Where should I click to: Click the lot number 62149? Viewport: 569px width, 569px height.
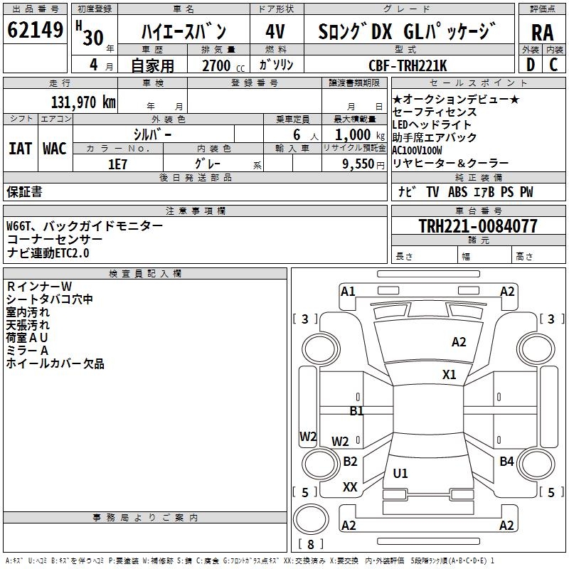(x=35, y=31)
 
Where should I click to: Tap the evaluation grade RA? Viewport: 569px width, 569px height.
(x=542, y=32)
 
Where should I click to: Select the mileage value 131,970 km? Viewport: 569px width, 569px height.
(x=83, y=102)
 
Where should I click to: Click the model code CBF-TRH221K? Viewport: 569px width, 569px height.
(x=408, y=65)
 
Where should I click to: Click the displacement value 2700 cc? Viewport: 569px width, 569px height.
(x=217, y=66)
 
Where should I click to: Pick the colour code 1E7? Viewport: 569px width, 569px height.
(x=117, y=163)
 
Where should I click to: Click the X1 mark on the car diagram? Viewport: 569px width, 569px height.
(x=449, y=375)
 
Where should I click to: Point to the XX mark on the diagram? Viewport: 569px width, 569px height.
(x=350, y=487)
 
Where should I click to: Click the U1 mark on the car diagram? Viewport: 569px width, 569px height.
(x=400, y=473)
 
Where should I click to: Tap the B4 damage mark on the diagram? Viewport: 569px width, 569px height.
(x=506, y=462)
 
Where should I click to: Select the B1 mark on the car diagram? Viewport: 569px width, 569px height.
(x=356, y=410)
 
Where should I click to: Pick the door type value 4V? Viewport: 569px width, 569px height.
(x=275, y=32)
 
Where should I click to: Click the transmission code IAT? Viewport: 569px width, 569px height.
(x=20, y=148)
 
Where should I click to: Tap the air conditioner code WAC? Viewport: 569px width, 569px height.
(x=55, y=148)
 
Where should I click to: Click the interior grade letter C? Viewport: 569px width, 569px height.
(x=553, y=65)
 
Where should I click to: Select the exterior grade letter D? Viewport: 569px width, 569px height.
(x=531, y=65)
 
